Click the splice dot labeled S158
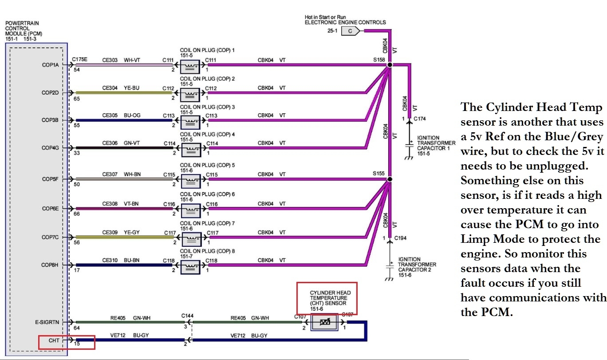(x=390, y=65)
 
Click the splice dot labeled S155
(x=389, y=179)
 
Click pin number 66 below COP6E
(x=76, y=214)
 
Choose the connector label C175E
(x=80, y=59)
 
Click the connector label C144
(x=187, y=316)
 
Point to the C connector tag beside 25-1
(x=351, y=31)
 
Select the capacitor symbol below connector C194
(x=390, y=268)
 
